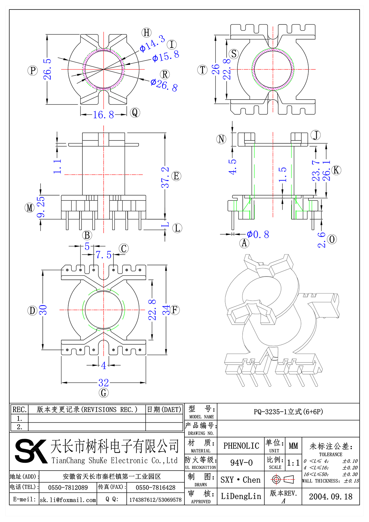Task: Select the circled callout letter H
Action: tap(147, 33)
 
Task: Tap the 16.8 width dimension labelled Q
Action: tap(103, 115)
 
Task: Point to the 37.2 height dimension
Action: tap(165, 177)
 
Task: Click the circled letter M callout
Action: tap(30, 208)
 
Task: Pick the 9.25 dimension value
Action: tap(41, 207)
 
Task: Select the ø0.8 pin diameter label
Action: tap(258, 235)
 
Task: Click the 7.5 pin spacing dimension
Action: tap(103, 255)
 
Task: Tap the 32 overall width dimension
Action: tap(104, 383)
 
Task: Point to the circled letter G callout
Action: tap(104, 393)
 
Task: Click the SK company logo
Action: tap(31, 451)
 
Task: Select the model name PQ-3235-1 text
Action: tap(288, 412)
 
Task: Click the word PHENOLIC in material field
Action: tap(241, 446)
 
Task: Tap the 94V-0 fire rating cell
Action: tap(241, 463)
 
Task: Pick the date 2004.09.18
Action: tap(331, 496)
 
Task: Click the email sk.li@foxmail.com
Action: tap(68, 500)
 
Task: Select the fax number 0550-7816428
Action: tap(156, 488)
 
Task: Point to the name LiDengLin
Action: tap(241, 496)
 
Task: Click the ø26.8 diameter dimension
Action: tap(164, 85)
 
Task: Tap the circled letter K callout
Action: tap(336, 170)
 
